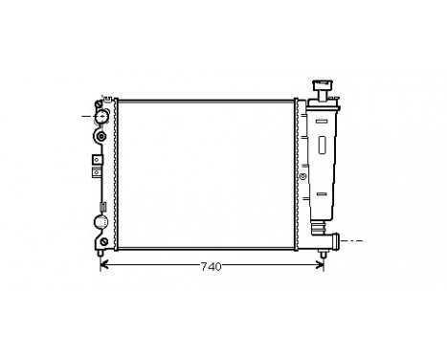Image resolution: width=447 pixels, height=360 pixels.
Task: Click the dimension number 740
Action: [212, 267]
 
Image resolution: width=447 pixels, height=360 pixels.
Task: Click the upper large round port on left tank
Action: [101, 116]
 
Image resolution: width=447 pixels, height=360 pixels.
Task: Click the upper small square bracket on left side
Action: [96, 159]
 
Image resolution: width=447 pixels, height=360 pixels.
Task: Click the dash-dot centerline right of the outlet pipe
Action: [354, 239]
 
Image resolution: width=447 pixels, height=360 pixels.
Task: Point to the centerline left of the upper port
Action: [84, 116]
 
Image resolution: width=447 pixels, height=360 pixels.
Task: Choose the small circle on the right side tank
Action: [303, 176]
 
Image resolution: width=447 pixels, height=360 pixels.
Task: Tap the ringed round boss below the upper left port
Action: [101, 137]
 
